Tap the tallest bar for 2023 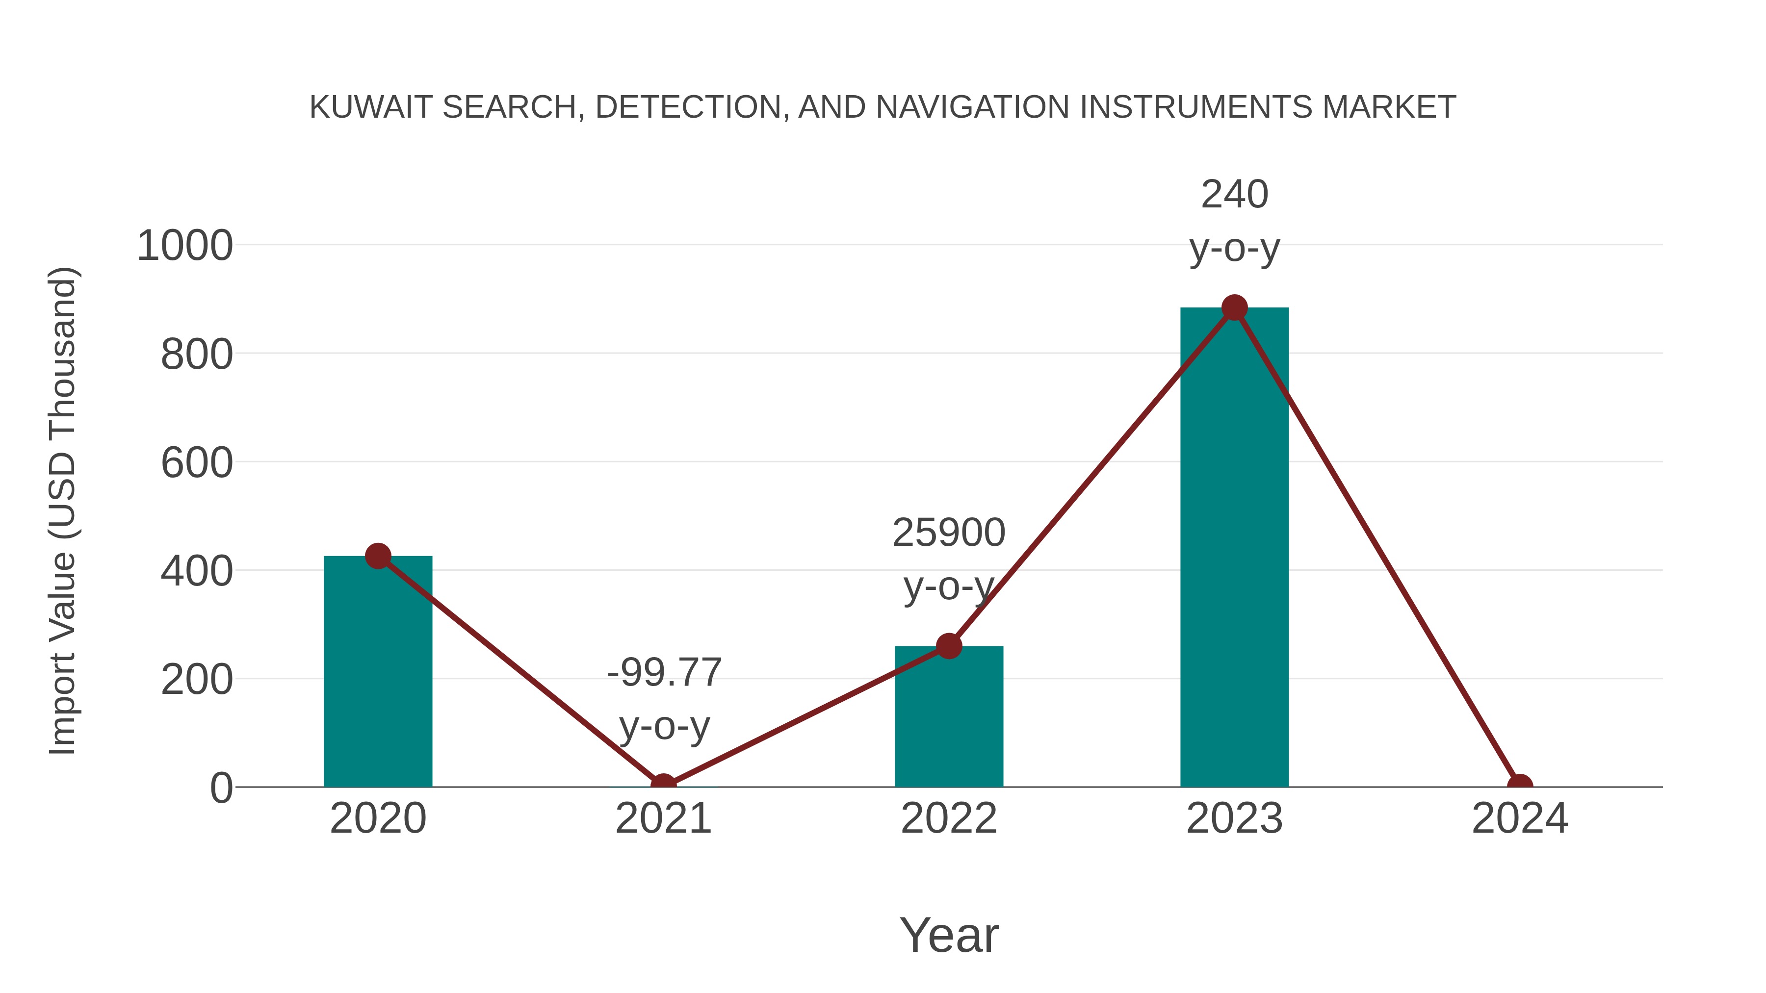1234,548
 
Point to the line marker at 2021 663,786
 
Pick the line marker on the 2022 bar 949,645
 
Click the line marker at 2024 1520,786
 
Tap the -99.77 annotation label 664,672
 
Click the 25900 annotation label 949,533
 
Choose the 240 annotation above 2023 1234,195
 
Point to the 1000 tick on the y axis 185,246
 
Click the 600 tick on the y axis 197,463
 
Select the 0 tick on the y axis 221,788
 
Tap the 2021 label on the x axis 663,818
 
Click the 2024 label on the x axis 1520,818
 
